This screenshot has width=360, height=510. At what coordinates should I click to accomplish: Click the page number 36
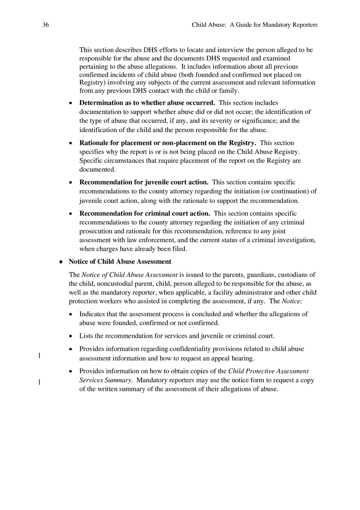[x=45, y=25]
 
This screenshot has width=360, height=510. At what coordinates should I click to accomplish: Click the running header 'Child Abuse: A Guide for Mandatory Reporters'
[x=254, y=25]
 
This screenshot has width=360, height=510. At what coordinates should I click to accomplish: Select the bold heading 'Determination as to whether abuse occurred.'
[x=147, y=103]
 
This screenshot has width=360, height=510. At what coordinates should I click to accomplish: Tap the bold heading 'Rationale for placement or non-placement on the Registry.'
[x=168, y=143]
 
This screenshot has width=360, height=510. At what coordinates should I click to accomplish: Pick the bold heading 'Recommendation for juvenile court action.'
[x=144, y=182]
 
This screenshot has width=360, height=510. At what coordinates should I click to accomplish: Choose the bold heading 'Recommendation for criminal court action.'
[x=145, y=213]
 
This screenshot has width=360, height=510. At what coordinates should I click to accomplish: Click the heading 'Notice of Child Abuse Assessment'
[x=120, y=261]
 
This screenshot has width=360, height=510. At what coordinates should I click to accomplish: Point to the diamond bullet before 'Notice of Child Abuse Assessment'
[x=61, y=262]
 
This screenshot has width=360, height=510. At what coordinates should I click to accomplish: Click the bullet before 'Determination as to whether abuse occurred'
[x=71, y=103]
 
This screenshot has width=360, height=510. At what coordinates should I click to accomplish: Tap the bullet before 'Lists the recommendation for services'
[x=71, y=336]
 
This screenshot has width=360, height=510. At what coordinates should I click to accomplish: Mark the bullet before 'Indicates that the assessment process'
[x=71, y=314]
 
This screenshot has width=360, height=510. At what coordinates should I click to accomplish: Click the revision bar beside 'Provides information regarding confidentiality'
[x=39, y=355]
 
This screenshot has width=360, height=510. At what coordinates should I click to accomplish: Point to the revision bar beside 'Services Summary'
[x=39, y=382]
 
